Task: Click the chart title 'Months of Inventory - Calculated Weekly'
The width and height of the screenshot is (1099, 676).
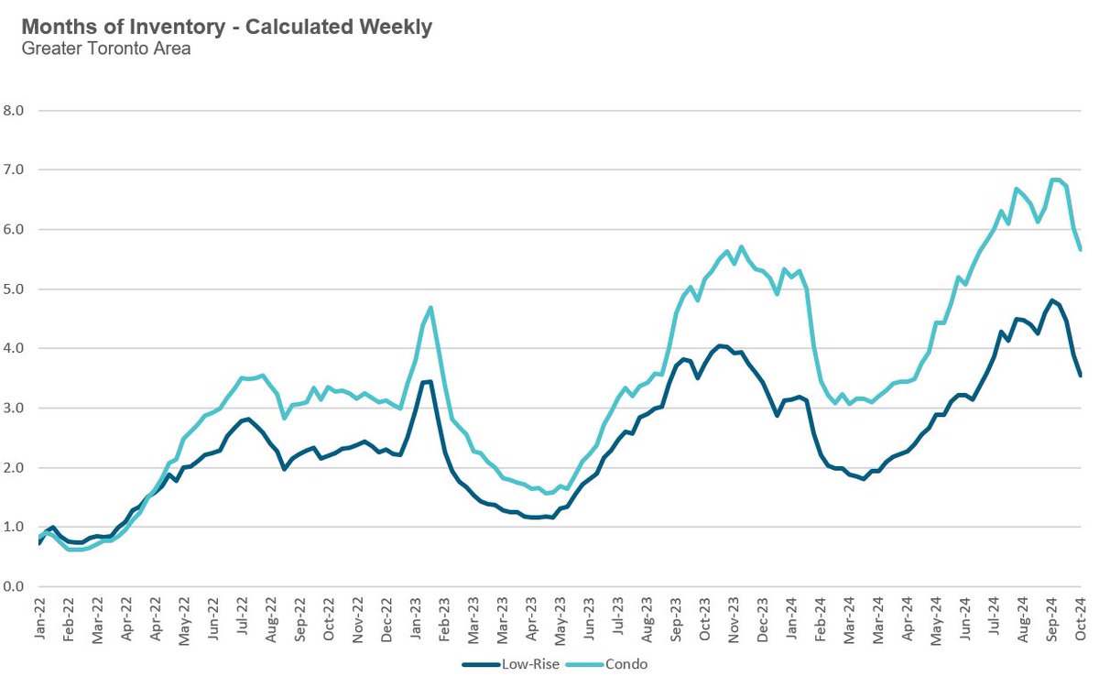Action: [x=226, y=27]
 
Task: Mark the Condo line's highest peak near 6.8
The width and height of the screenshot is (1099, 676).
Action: [x=1055, y=179]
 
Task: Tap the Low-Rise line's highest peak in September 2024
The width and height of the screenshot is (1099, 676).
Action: [x=1052, y=300]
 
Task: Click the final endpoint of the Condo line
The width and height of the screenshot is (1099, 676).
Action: [x=1081, y=249]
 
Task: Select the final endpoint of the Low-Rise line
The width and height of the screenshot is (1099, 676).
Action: [x=1081, y=376]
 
